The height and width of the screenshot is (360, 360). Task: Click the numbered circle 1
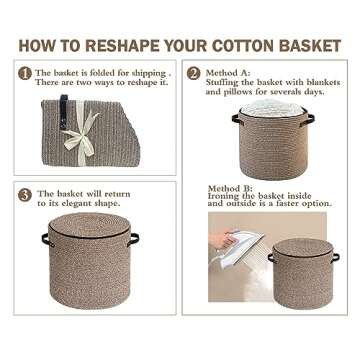(25, 73)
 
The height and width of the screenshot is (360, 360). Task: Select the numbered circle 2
(195, 73)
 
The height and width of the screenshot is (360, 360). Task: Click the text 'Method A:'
(229, 73)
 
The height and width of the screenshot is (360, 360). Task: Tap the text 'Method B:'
(230, 188)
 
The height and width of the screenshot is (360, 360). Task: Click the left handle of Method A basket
(237, 120)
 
